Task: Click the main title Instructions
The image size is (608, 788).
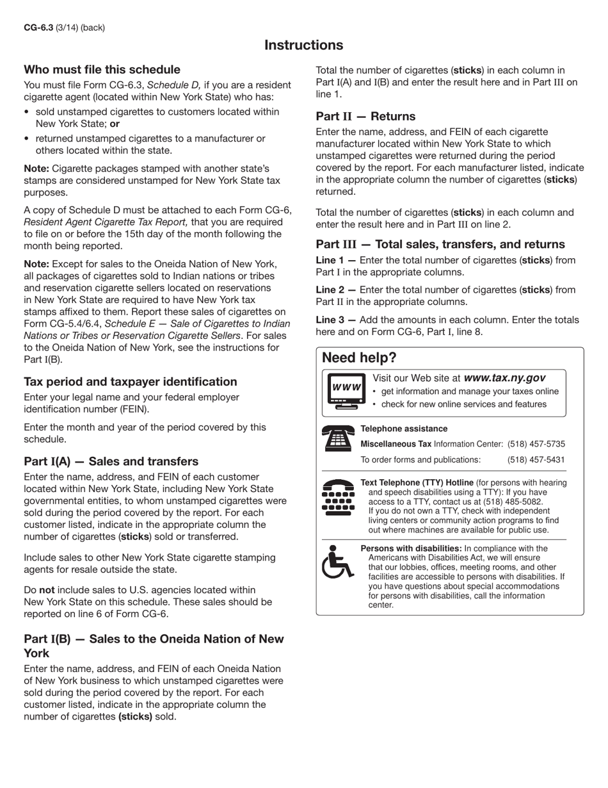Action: click(303, 45)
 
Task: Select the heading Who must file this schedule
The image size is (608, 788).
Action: click(102, 69)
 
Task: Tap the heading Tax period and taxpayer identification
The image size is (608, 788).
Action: click(130, 381)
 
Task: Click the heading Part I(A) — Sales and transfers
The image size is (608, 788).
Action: click(111, 461)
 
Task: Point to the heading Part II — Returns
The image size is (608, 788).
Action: click(365, 116)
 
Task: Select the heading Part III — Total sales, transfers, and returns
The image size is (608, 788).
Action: click(440, 244)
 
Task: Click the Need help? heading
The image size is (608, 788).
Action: click(359, 357)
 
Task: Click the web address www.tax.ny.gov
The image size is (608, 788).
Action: click(504, 378)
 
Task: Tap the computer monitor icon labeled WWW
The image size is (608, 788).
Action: click(346, 390)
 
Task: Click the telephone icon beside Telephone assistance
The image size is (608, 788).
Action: click(339, 439)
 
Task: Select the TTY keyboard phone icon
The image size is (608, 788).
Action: click(339, 497)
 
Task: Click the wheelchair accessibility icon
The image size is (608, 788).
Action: click(337, 561)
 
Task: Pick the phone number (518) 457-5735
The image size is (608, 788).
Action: click(536, 444)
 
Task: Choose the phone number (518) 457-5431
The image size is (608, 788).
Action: click(536, 459)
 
